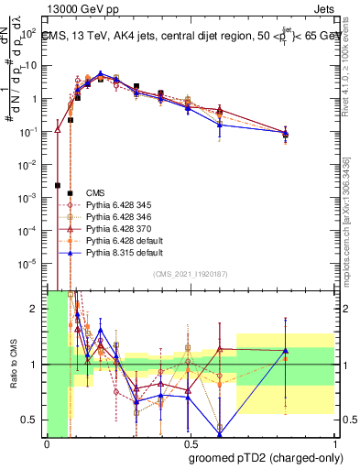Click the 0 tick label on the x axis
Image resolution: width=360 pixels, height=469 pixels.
click(47, 444)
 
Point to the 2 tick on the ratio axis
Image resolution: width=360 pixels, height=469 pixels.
click(37, 309)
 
